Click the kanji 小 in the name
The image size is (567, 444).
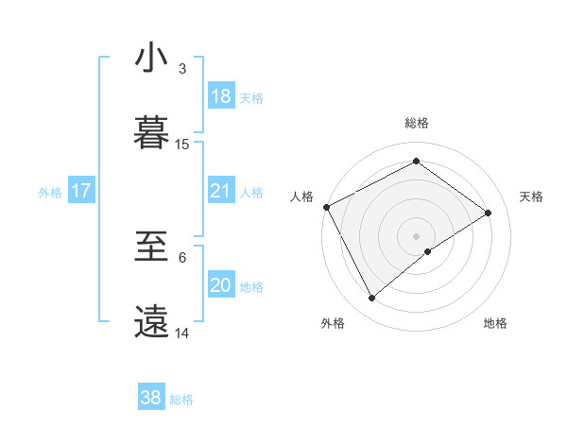pyautogui.click(x=150, y=59)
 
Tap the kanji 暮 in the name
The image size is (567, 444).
pyautogui.click(x=150, y=133)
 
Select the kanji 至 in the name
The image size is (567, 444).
pyautogui.click(x=150, y=248)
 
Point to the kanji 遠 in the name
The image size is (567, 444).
pyautogui.click(x=150, y=322)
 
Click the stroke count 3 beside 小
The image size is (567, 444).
pyautogui.click(x=182, y=70)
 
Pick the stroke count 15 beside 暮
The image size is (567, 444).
pyautogui.click(x=182, y=145)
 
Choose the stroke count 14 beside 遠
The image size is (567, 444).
pyautogui.click(x=182, y=333)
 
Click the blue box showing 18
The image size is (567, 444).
pyautogui.click(x=220, y=96)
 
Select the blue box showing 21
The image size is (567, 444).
pyautogui.click(x=220, y=191)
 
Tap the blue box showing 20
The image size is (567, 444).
pyautogui.click(x=220, y=285)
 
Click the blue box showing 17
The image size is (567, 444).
pyautogui.click(x=80, y=191)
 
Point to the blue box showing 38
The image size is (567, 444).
pyautogui.click(x=151, y=398)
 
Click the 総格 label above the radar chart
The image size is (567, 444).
pyautogui.click(x=416, y=123)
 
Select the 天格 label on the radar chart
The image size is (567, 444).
pyautogui.click(x=531, y=196)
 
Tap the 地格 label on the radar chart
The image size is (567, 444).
pyautogui.click(x=495, y=324)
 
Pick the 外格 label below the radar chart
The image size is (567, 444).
pyautogui.click(x=333, y=324)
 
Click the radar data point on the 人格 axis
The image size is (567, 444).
pyautogui.click(x=326, y=207)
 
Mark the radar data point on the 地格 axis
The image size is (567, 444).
pyautogui.click(x=428, y=251)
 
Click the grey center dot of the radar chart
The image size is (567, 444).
pyautogui.click(x=416, y=235)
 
